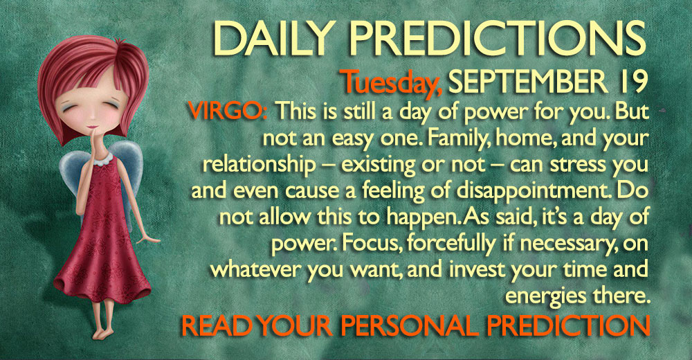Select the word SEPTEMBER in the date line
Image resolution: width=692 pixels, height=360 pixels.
(x=527, y=82)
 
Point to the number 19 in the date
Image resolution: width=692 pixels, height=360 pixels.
(x=632, y=82)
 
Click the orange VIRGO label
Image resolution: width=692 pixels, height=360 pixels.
(x=227, y=111)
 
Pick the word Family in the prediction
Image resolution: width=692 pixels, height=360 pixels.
(x=456, y=138)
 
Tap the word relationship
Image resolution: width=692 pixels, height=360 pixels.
(x=259, y=165)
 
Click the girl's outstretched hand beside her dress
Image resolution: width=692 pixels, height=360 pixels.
(x=147, y=239)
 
